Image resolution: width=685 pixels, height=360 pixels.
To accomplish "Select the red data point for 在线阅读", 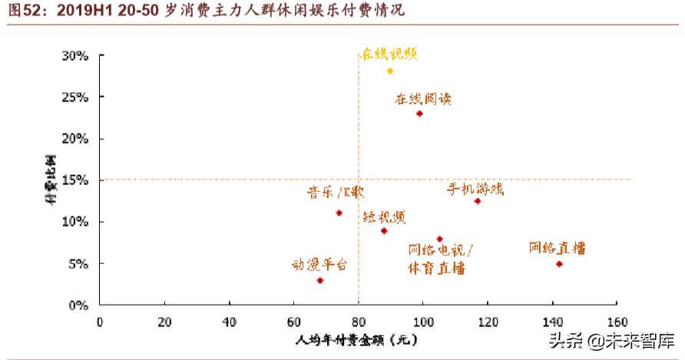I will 419,114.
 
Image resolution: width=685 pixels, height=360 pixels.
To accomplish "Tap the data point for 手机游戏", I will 477,201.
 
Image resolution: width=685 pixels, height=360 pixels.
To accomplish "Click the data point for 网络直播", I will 559,264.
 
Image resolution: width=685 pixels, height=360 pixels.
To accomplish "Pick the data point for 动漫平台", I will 319,280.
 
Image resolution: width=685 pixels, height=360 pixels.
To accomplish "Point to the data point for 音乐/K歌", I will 339,213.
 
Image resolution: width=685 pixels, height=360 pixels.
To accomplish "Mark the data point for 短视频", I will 384,231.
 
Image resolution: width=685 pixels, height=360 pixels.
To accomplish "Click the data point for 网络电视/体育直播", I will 439,239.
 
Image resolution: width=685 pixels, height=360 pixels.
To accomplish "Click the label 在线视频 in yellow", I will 390,54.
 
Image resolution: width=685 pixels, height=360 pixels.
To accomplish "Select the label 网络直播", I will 558,248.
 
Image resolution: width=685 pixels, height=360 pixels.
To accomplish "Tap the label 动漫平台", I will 319,265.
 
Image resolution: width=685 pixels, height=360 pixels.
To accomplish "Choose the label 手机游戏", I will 475,188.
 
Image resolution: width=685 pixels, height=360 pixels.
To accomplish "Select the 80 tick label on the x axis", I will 358,320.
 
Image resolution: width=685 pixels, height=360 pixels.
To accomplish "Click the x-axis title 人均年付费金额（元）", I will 358,339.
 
